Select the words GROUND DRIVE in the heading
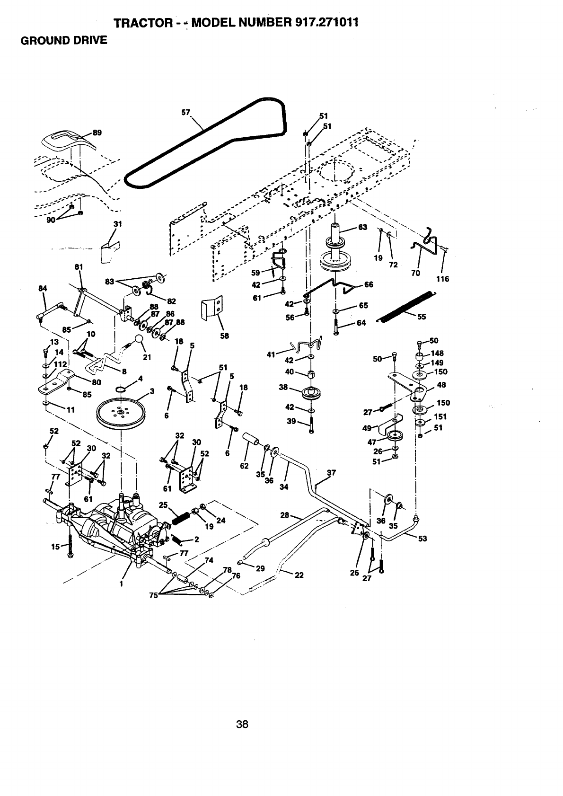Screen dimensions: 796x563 coord(63,41)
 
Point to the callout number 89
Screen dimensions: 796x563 coord(97,133)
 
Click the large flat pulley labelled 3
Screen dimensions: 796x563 coord(120,411)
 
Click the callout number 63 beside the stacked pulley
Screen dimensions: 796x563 coord(362,227)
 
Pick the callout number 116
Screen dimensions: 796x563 coord(442,279)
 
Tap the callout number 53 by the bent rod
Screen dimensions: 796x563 coord(422,538)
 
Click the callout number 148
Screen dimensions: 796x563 coord(438,353)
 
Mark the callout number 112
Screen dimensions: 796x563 coord(60,364)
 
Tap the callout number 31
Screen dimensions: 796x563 coord(118,224)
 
